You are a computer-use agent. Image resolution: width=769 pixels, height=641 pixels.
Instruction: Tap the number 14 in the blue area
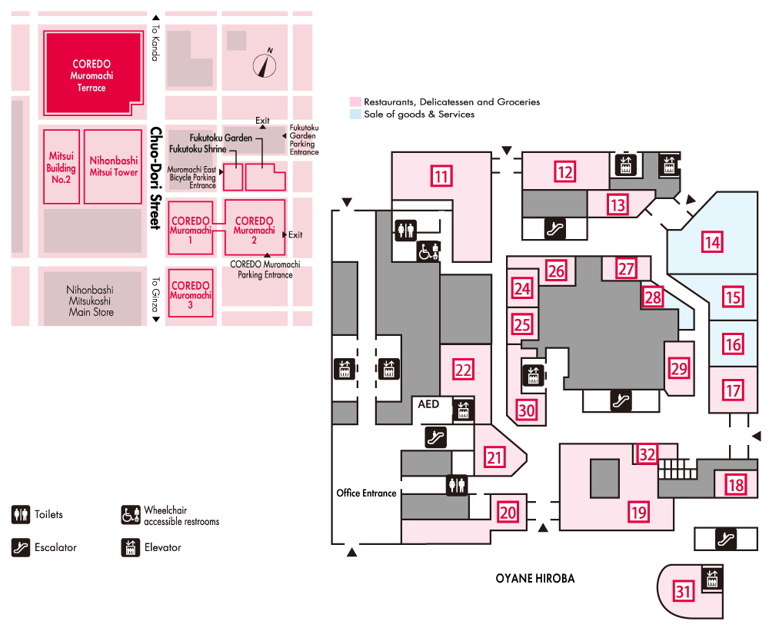coord(713,243)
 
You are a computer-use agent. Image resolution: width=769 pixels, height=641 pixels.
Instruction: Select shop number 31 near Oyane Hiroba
coord(684,591)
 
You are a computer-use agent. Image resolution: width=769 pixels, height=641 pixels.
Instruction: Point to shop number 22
coord(463,369)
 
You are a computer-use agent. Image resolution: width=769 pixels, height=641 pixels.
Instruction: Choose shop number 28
coord(653,297)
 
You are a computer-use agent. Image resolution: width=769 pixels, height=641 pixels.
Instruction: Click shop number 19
coord(638,511)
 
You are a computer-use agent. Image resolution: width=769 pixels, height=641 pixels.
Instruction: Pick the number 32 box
coord(647,453)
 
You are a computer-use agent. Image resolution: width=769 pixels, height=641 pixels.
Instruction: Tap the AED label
coord(428,403)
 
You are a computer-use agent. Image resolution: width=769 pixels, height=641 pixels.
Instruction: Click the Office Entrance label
coord(366,493)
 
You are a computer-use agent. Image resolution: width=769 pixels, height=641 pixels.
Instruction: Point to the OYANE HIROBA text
coord(534,579)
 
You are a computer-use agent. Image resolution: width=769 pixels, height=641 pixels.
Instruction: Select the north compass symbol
coord(266,65)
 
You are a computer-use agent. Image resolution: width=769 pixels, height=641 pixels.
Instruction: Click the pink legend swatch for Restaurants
coord(355,101)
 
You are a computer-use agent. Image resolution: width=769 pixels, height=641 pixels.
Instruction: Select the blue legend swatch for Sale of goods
coord(355,114)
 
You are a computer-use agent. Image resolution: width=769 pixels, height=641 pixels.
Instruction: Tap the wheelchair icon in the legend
coord(131,515)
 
